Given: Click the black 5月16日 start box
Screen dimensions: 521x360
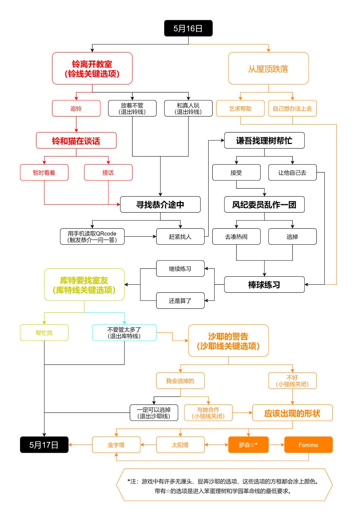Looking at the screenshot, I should [x=188, y=28].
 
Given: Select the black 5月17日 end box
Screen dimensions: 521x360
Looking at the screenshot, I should [x=44, y=445].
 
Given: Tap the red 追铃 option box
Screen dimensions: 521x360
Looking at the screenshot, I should [x=76, y=108].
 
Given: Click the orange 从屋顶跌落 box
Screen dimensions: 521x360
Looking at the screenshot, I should [x=268, y=68].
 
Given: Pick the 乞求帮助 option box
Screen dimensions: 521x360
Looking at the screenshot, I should [x=240, y=108].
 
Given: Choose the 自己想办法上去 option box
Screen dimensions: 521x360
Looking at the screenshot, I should [x=292, y=108].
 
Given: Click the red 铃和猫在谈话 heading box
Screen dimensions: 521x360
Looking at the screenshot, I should [x=76, y=140].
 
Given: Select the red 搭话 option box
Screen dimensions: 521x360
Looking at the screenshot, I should [x=108, y=172].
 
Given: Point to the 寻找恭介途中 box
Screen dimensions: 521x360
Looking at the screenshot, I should [x=160, y=204].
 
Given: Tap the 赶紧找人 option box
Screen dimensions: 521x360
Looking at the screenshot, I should [x=180, y=237].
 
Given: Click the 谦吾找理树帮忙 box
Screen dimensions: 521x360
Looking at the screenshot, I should [x=264, y=140].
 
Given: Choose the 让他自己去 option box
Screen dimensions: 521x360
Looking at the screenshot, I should [x=292, y=172].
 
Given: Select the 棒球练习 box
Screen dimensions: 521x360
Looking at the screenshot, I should [x=264, y=284].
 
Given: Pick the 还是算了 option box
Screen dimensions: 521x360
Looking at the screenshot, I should [x=180, y=301].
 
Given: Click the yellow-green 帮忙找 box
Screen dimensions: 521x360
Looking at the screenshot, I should [x=44, y=333].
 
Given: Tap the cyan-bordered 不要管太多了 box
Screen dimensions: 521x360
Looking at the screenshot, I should [x=124, y=333].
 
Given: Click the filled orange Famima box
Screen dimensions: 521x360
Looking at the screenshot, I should [x=308, y=445].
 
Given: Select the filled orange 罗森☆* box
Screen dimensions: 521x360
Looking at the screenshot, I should [x=248, y=445].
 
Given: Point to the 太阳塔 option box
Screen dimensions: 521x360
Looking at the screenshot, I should [x=180, y=445].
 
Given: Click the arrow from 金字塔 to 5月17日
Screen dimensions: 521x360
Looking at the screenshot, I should [x=80, y=445].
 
